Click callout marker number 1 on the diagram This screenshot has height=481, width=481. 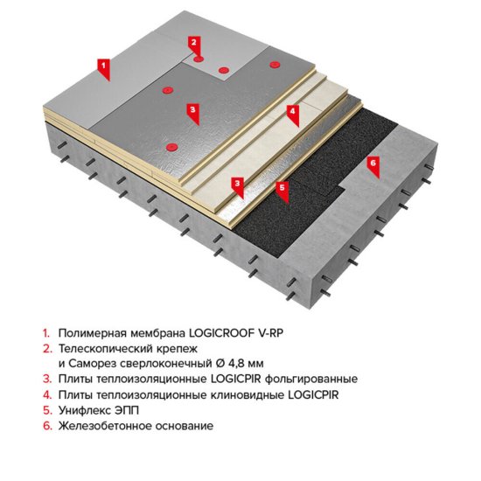(103, 66)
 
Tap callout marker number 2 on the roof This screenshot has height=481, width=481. (194, 41)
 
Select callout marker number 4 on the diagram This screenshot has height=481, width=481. (294, 112)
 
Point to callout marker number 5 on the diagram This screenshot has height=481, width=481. (282, 186)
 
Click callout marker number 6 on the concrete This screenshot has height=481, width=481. (373, 163)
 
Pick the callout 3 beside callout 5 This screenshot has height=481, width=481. (237, 184)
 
